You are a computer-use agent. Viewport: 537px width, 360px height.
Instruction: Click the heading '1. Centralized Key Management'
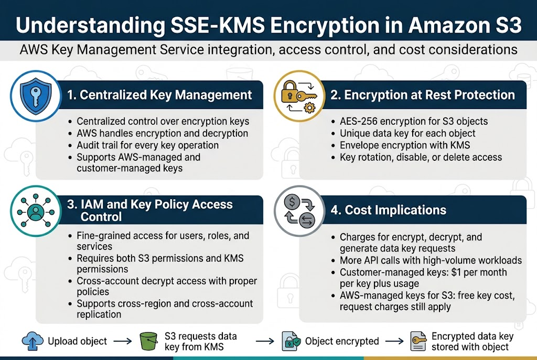[159, 95]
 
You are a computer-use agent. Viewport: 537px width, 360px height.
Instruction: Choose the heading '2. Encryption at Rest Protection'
[429, 95]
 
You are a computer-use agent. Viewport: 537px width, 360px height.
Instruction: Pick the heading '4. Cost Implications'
[388, 210]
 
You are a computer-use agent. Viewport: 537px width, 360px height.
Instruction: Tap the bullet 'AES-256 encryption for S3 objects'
[413, 122]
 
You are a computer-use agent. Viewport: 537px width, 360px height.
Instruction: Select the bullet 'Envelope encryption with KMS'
[405, 145]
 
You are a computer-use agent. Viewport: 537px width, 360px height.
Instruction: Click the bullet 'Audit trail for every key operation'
[147, 145]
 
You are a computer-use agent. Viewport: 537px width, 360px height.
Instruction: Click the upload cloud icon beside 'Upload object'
[32, 341]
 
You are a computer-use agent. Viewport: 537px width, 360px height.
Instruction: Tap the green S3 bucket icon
[148, 341]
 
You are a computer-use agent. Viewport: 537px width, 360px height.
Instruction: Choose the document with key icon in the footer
[417, 341]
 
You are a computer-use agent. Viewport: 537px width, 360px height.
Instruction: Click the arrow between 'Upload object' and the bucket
[123, 341]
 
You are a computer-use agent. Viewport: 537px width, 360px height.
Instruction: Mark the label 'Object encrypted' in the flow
[342, 341]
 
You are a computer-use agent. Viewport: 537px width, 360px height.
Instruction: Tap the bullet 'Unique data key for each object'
[407, 133]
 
